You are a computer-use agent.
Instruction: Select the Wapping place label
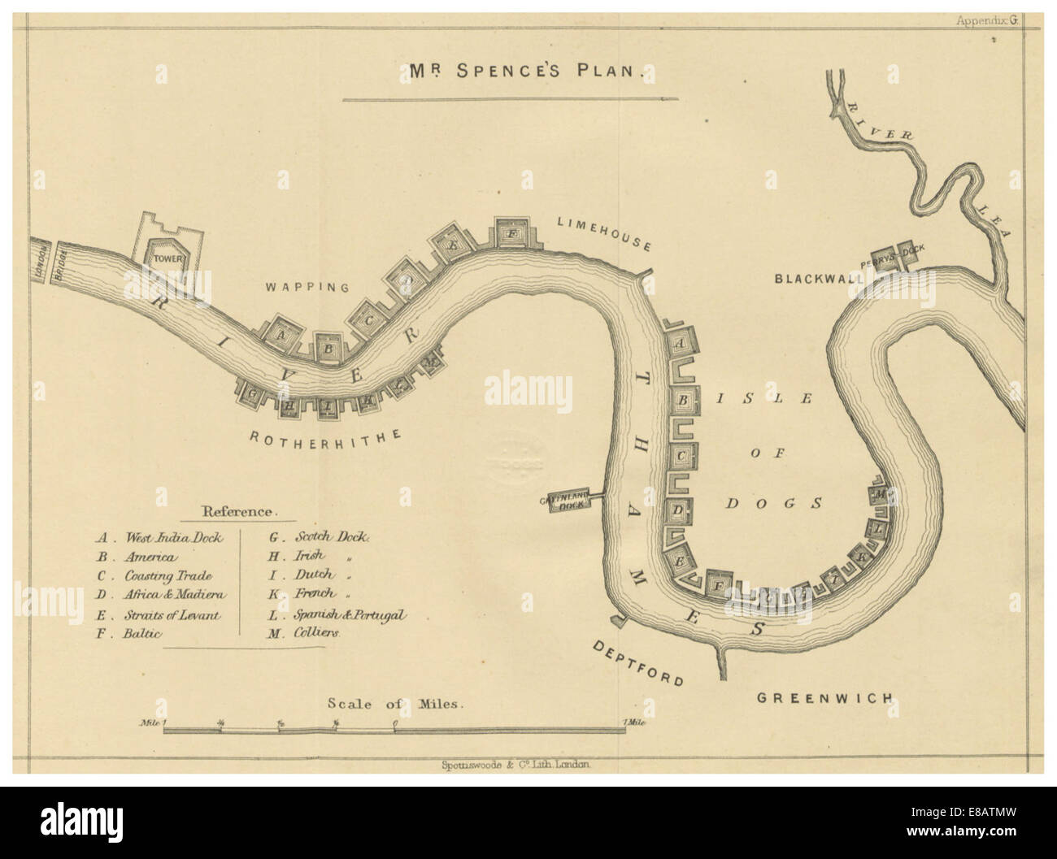click(308, 287)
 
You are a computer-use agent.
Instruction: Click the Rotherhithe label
click(325, 437)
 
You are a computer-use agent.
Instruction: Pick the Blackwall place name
click(819, 278)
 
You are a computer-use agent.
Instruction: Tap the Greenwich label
click(824, 697)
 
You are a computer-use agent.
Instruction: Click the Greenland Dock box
click(562, 503)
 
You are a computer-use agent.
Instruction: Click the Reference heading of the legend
click(239, 512)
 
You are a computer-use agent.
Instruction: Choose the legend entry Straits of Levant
click(172, 615)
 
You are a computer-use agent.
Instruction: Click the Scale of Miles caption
click(395, 705)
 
